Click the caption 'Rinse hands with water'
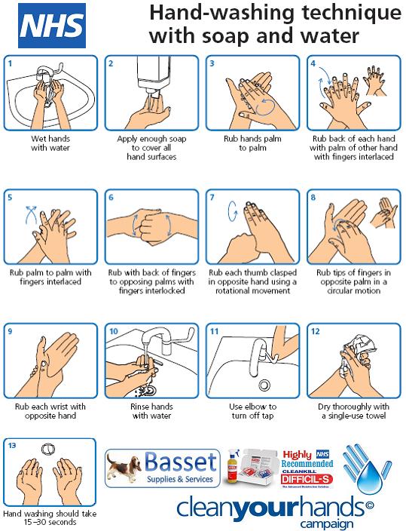pos(151,411)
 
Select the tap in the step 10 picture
pos(156,339)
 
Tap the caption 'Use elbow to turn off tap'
pos(252,411)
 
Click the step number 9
pos(10,330)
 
